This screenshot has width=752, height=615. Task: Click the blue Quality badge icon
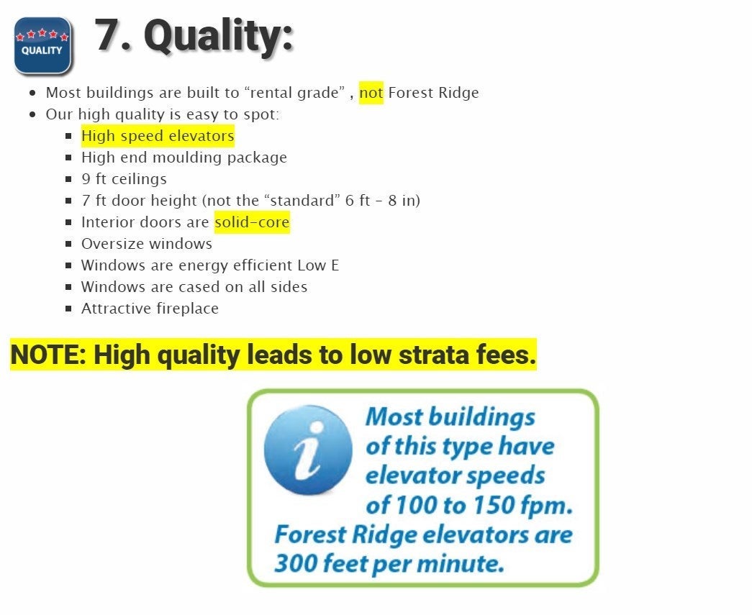click(43, 45)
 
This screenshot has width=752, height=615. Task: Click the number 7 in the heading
click(109, 35)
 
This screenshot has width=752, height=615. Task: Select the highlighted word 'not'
click(371, 93)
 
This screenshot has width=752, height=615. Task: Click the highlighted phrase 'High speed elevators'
click(158, 136)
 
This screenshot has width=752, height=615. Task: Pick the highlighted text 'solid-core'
click(253, 222)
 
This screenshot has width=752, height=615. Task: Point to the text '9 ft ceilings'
click(124, 179)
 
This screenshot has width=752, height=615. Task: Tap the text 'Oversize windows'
click(147, 244)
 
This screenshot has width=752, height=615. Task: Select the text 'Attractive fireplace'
click(150, 308)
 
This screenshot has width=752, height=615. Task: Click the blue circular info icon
click(308, 450)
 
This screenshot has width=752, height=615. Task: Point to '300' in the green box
click(295, 563)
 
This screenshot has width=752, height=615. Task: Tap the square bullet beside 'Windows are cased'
click(68, 287)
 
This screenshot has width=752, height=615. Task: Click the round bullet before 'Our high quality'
click(32, 114)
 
